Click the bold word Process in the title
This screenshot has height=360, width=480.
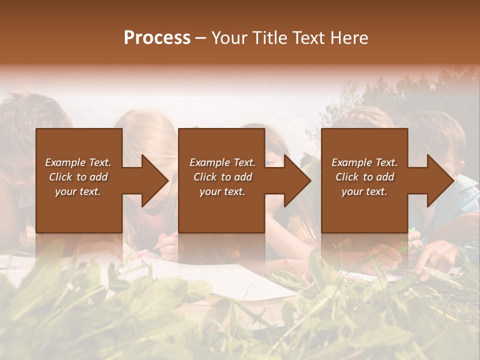coord(157,38)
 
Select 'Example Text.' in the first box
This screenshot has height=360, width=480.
coord(78,162)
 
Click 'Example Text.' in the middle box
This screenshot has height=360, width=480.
coord(222,162)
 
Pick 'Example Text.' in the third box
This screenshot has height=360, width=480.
coord(364,162)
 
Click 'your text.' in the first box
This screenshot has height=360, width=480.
coord(78,191)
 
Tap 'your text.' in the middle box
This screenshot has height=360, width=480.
coord(222,191)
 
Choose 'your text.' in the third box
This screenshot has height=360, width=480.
coord(364,191)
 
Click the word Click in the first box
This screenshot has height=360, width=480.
coord(60,177)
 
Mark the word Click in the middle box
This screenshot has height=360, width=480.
coord(205,177)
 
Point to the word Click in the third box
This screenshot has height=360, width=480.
coord(347,177)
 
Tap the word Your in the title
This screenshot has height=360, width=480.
coord(228,38)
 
